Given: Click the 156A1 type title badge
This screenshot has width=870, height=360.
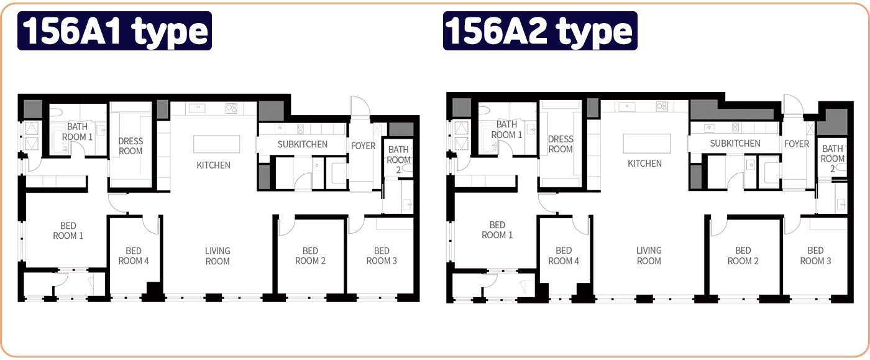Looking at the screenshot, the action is click(x=114, y=30).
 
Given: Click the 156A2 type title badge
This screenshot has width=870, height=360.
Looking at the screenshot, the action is click(x=540, y=30).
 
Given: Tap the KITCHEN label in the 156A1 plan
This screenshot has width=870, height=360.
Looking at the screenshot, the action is click(x=213, y=165).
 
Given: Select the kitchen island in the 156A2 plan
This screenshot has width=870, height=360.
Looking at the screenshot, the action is click(x=647, y=144).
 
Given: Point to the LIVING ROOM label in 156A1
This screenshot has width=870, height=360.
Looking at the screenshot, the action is click(x=217, y=256).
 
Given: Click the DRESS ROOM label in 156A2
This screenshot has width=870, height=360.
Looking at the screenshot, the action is click(x=561, y=144).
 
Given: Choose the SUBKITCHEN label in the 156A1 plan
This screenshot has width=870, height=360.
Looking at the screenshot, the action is click(x=303, y=144).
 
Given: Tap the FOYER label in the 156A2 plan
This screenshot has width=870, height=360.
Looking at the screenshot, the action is click(x=797, y=144).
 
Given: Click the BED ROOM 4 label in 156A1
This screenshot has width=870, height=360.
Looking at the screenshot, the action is click(x=134, y=256).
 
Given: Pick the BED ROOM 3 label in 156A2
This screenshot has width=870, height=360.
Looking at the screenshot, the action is click(x=815, y=256).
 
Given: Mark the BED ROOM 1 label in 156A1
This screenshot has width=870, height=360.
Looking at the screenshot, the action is click(x=68, y=231).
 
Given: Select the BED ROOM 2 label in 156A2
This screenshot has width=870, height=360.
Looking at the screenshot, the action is click(x=743, y=256).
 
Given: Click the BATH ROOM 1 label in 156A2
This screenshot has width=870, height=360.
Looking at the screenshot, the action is click(x=506, y=129).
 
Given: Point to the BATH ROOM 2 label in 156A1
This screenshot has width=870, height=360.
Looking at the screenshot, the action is click(x=398, y=159).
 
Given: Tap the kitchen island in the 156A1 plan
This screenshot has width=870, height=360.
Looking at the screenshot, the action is click(x=216, y=144).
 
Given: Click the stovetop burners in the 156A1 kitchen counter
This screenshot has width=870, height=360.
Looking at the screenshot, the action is click(x=231, y=108).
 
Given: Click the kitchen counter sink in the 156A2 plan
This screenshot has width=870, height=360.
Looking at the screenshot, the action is click(x=626, y=106).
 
